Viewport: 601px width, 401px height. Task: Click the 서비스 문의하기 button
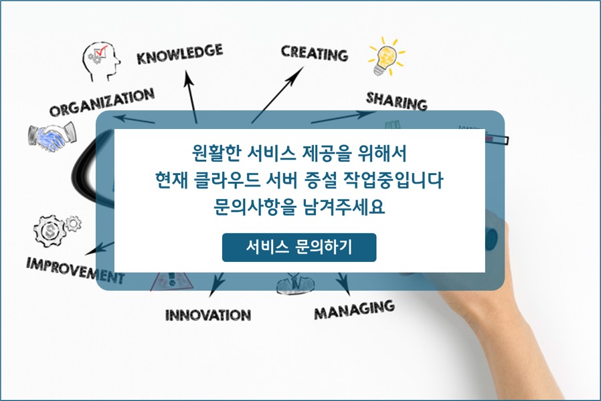pyautogui.click(x=299, y=247)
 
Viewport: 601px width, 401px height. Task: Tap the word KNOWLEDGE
pyautogui.click(x=180, y=54)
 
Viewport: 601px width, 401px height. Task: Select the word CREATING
pyautogui.click(x=315, y=53)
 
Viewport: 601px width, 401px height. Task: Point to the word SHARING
pyautogui.click(x=397, y=101)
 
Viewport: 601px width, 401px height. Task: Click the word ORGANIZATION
pyautogui.click(x=102, y=102)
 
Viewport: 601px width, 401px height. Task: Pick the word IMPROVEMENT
pyautogui.click(x=76, y=270)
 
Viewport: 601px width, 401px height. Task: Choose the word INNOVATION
pyautogui.click(x=208, y=315)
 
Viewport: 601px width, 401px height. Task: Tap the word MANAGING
pyautogui.click(x=354, y=309)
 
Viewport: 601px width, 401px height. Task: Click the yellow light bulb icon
pyautogui.click(x=386, y=57)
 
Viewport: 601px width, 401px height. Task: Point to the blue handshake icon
pyautogui.click(x=52, y=137)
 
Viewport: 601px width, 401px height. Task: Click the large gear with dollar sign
pyautogui.click(x=50, y=231)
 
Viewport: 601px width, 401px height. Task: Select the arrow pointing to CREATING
pyautogui.click(x=278, y=94)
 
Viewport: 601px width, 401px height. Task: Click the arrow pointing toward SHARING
pyautogui.click(x=343, y=117)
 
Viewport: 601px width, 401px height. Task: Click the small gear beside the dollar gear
pyautogui.click(x=73, y=223)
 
